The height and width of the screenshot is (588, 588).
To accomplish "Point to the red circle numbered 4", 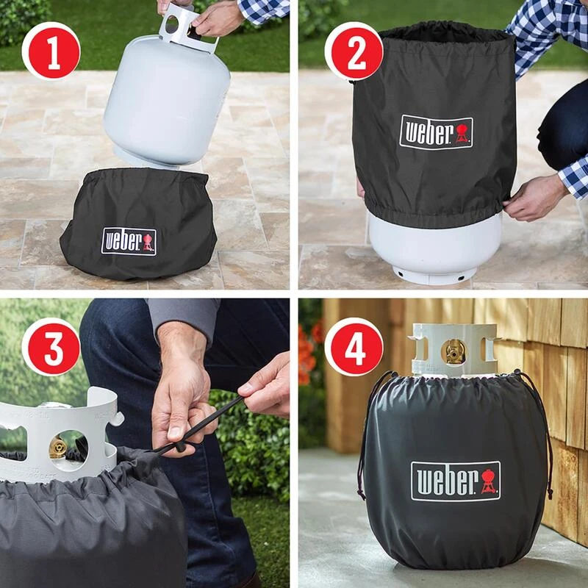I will [x=354, y=347].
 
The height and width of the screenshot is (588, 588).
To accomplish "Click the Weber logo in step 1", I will [x=129, y=241].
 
